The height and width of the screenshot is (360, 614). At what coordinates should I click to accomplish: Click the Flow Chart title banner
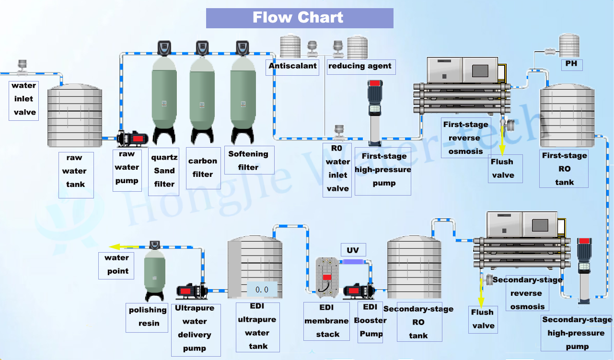coord(299,18)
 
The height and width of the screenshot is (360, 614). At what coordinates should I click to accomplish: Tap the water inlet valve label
coord(23,99)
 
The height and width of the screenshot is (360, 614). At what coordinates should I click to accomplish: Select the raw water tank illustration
coord(74,116)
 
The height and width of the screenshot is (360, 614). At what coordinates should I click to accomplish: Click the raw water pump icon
coord(133,139)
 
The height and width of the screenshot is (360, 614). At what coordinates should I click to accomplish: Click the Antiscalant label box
coord(292,67)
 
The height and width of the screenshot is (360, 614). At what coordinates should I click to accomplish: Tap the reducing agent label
coord(360,67)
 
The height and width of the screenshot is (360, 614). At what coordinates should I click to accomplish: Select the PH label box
coord(571,63)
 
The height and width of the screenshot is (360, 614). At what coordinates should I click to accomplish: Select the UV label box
coord(353,250)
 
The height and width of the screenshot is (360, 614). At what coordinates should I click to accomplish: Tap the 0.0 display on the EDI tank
coord(262,290)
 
